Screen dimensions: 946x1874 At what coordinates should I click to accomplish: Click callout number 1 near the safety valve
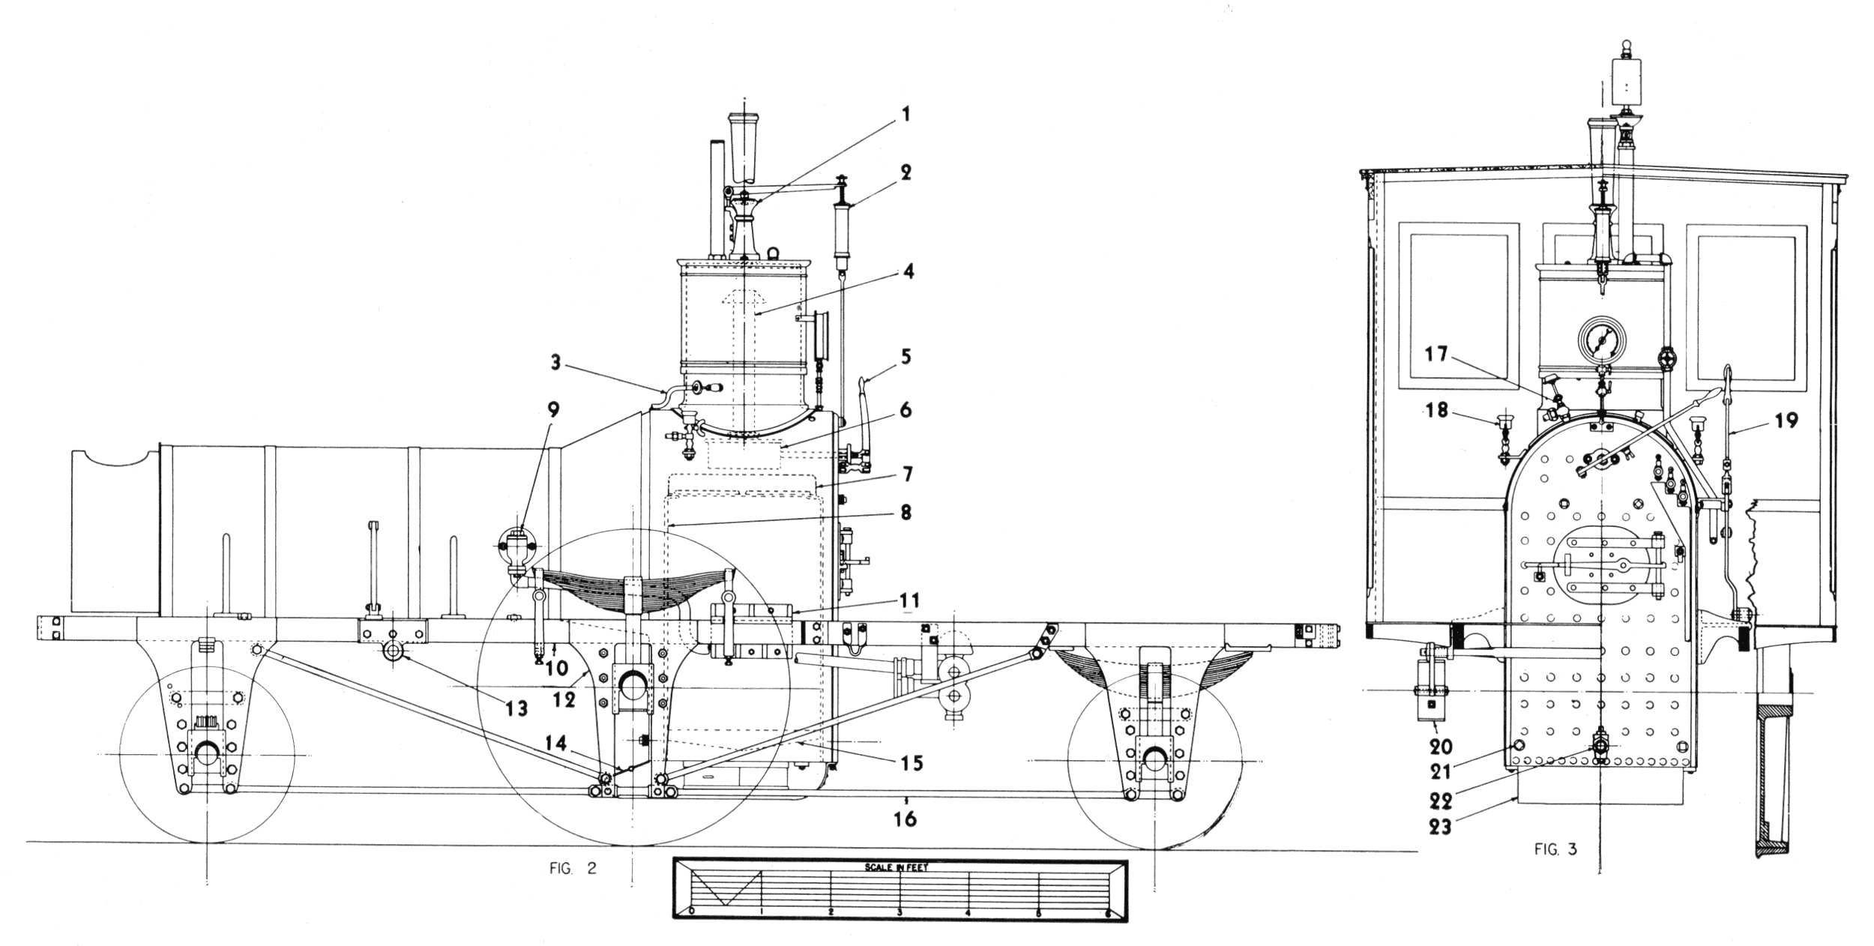tap(905, 115)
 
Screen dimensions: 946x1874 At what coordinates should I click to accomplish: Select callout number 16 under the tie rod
tap(906, 819)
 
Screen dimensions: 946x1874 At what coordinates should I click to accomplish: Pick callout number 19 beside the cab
tap(1787, 421)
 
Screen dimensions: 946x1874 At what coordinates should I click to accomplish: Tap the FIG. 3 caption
tap(1555, 850)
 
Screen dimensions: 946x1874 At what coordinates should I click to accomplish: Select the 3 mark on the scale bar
tap(900, 912)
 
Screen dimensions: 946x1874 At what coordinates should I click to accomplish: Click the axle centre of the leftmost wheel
tap(206, 753)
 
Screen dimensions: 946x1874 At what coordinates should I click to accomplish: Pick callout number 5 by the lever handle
tap(906, 356)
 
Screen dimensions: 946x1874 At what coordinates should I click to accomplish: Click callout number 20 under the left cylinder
tap(1441, 747)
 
